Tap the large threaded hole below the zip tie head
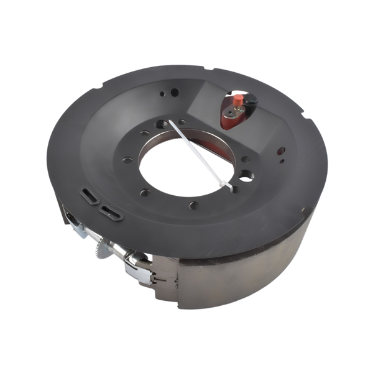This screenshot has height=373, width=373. click(x=246, y=176)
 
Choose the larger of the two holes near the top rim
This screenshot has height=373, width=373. click(x=175, y=93)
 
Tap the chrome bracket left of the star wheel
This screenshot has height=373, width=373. click(x=78, y=229)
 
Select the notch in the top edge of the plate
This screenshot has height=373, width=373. click(x=211, y=70)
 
